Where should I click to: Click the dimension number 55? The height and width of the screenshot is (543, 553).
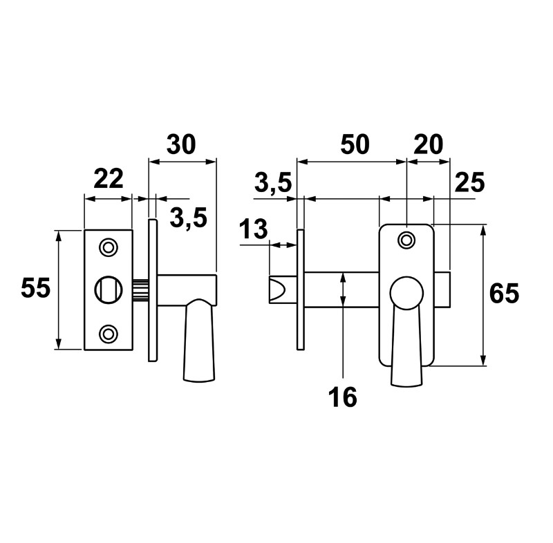pyautogui.click(x=36, y=288)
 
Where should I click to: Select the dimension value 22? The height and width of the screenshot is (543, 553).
pyautogui.click(x=108, y=179)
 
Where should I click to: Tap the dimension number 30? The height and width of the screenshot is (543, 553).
pyautogui.click(x=182, y=144)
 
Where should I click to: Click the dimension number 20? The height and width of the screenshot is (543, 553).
pyautogui.click(x=427, y=144)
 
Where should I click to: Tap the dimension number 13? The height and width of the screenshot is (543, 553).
pyautogui.click(x=254, y=229)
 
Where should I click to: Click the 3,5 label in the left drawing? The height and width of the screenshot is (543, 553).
pyautogui.click(x=187, y=219)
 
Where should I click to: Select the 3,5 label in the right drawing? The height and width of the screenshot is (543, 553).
pyautogui.click(x=273, y=183)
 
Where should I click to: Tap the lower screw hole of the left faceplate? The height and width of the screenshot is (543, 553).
pyautogui.click(x=107, y=333)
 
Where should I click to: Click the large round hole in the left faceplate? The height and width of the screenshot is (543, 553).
pyautogui.click(x=107, y=289)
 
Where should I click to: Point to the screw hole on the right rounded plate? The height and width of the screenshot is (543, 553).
pyautogui.click(x=407, y=240)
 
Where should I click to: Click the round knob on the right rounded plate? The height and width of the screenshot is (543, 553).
pyautogui.click(x=406, y=294)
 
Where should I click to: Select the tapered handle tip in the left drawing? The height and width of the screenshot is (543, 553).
pyautogui.click(x=198, y=359)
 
